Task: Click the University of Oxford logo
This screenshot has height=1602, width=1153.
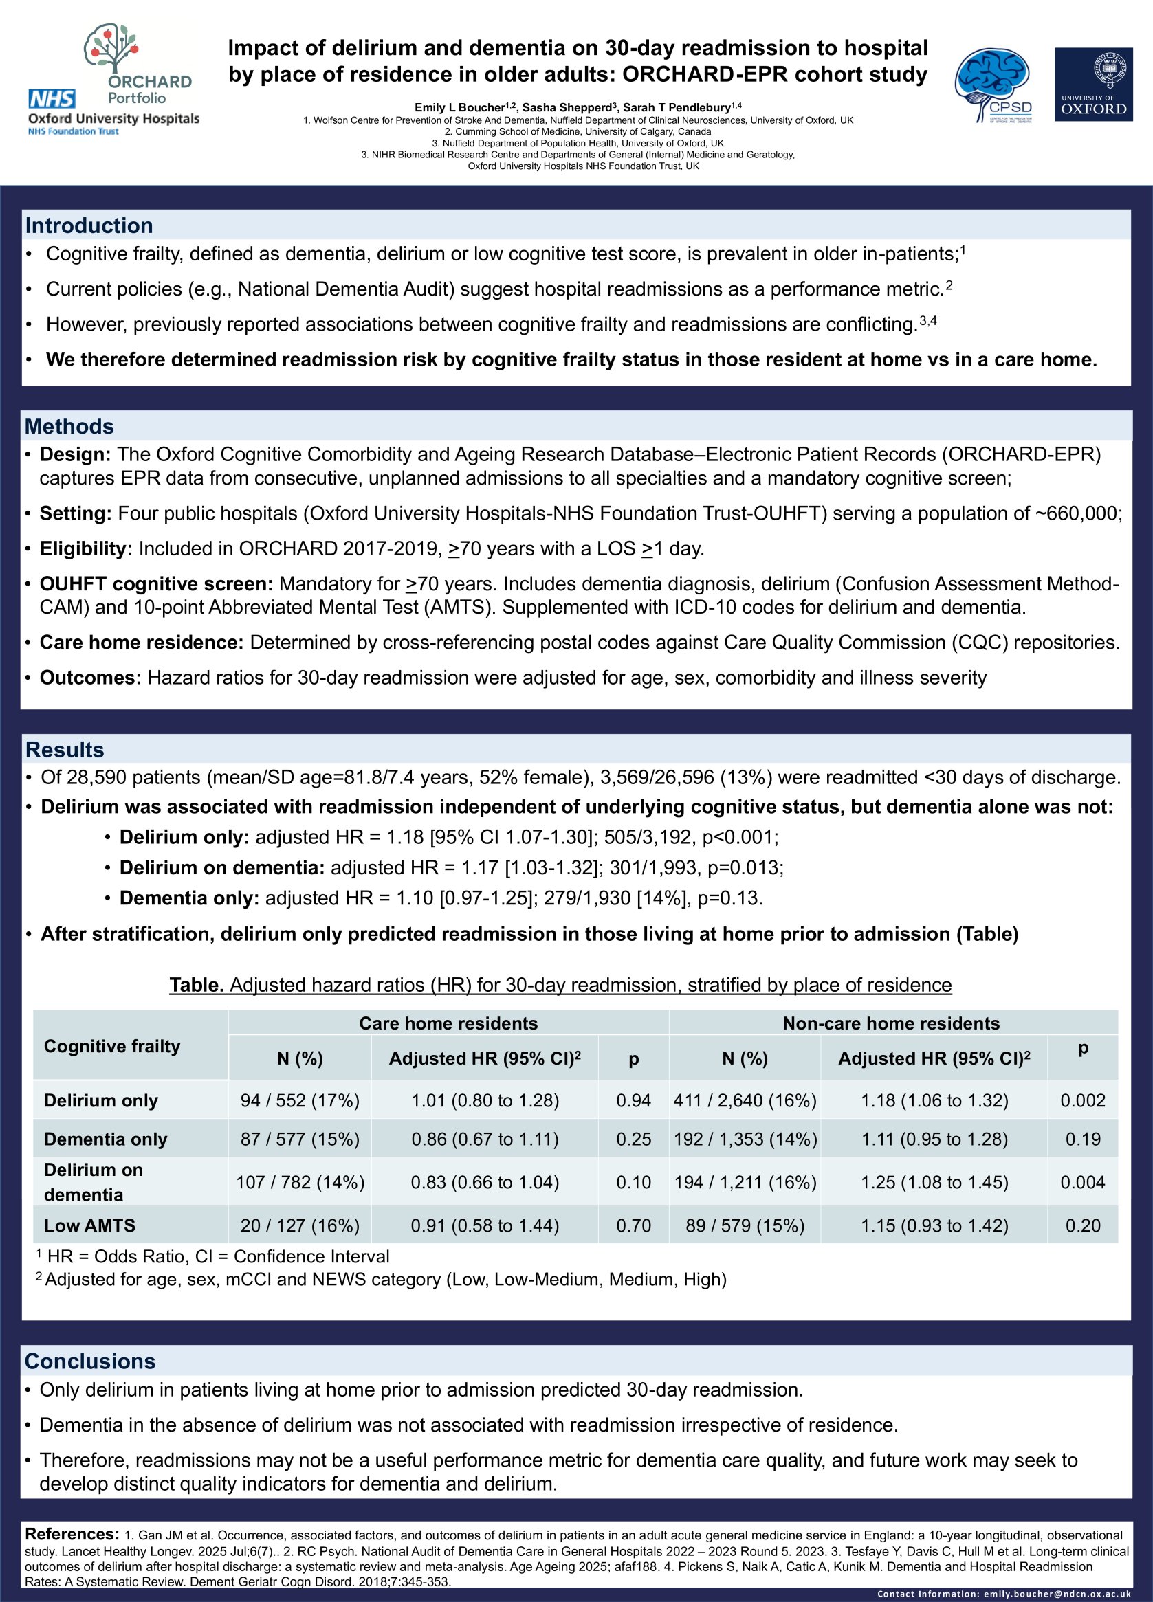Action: coord(1093,84)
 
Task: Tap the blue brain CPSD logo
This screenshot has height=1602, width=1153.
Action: coord(994,85)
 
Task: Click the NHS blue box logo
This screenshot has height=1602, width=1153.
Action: coord(52,99)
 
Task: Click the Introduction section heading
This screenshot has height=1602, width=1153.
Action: coord(89,225)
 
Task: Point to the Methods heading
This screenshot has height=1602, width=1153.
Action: coord(69,426)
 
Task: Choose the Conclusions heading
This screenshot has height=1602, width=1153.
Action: coord(90,1361)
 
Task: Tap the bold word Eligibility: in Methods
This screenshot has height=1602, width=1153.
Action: coord(85,549)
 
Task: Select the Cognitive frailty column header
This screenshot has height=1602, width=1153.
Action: coord(111,1045)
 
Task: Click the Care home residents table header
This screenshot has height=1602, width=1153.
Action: coord(448,1023)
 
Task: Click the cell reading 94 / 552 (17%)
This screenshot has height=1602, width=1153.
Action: coord(300,1100)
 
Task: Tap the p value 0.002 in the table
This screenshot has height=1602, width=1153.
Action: coord(1082,1100)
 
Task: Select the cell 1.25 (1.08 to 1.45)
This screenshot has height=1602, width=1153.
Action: coord(934,1182)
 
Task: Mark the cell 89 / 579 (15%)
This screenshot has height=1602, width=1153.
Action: coord(745,1225)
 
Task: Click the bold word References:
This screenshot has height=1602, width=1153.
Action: coord(72,1534)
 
